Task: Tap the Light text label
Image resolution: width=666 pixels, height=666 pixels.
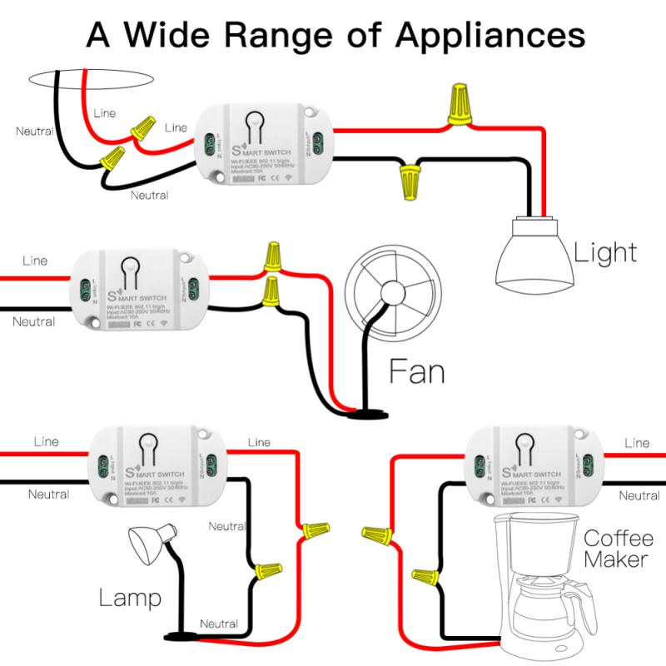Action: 604,251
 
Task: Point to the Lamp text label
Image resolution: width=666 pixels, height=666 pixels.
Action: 130,597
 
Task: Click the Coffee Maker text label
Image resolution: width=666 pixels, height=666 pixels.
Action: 618,549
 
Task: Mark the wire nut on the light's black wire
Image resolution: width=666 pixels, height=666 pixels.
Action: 409,181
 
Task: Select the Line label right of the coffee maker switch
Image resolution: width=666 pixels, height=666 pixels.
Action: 637,443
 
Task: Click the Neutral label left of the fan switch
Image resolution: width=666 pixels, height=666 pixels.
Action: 34,321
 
